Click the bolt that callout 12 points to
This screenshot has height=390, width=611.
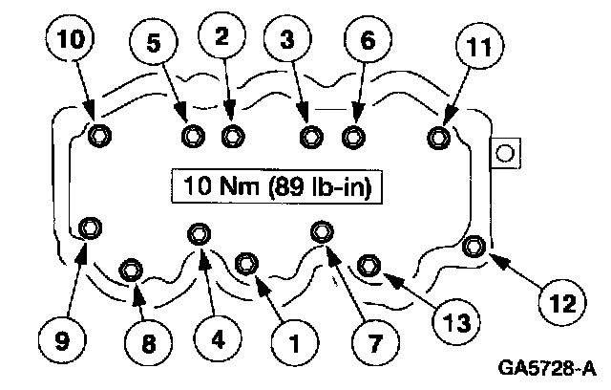pyautogui.click(x=474, y=249)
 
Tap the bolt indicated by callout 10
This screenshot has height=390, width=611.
pyautogui.click(x=99, y=137)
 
